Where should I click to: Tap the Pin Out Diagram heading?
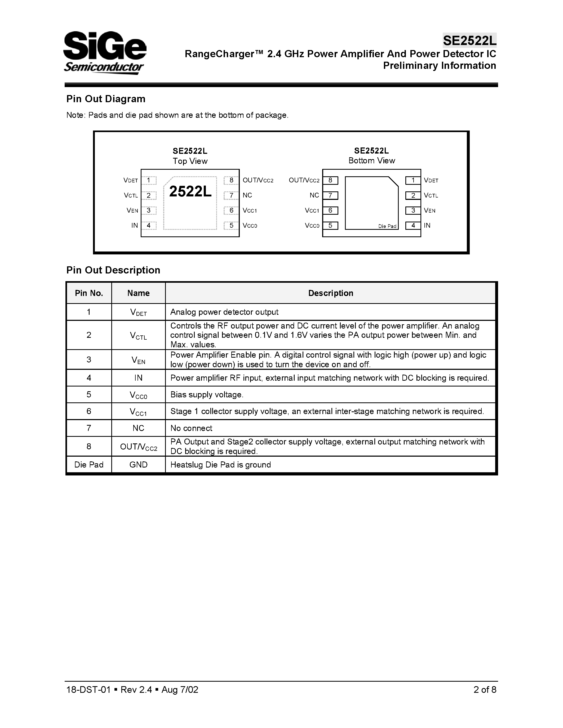(106, 99)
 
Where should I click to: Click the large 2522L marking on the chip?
(190, 191)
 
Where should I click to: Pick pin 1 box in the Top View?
(149, 180)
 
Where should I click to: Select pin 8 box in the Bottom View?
(330, 180)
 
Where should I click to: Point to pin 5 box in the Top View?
(231, 225)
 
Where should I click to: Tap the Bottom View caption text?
(371, 161)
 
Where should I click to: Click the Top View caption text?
(190, 161)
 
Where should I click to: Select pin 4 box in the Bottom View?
(413, 225)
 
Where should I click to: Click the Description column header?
(330, 293)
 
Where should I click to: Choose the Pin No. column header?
(89, 293)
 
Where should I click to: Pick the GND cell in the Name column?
(138, 465)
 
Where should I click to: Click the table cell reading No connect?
(191, 428)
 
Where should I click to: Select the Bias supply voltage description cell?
(207, 395)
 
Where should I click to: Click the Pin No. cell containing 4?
(89, 378)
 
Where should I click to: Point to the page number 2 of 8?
(485, 690)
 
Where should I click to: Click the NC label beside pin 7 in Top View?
(247, 195)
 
